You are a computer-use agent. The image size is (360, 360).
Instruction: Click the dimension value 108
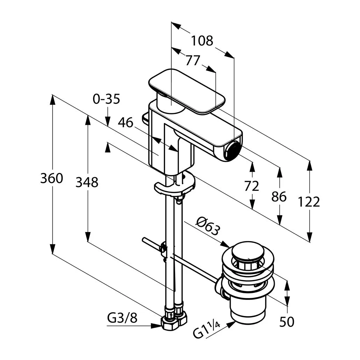202,41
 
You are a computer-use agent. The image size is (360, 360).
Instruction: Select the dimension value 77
193,61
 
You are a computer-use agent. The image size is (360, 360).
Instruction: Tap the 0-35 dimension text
106,99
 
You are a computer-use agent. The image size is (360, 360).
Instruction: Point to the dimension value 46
125,123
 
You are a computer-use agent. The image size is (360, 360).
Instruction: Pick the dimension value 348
87,182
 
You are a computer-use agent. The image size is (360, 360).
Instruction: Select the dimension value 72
252,186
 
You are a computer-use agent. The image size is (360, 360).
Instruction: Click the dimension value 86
279,197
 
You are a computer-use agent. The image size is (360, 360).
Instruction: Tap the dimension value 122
309,202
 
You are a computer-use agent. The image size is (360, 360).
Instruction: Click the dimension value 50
287,322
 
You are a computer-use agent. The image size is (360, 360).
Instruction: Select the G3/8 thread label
122,318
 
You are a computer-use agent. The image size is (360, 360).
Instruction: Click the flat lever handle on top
187,90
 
